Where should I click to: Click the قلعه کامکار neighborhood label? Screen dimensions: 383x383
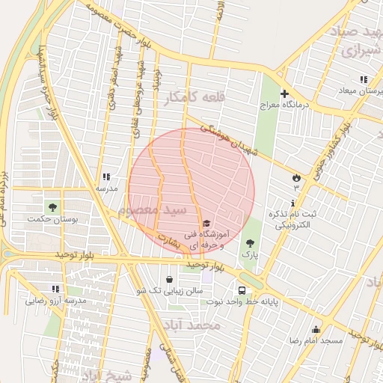point(197,98)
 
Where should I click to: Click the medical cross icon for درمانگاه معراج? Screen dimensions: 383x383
point(284,94)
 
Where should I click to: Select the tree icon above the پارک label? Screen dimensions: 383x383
point(250,243)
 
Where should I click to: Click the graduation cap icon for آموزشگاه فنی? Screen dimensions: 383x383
point(206,223)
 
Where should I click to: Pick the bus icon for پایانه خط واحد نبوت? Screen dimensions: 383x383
point(242,290)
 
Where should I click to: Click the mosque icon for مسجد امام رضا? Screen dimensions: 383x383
point(316,329)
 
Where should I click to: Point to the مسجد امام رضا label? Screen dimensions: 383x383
point(316,340)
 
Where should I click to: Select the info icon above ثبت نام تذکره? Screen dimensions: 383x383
point(292,203)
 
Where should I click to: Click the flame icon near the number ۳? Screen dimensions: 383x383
point(297,177)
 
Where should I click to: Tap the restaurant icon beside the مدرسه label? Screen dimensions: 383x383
point(106,177)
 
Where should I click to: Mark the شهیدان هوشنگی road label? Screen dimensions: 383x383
point(218,136)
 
